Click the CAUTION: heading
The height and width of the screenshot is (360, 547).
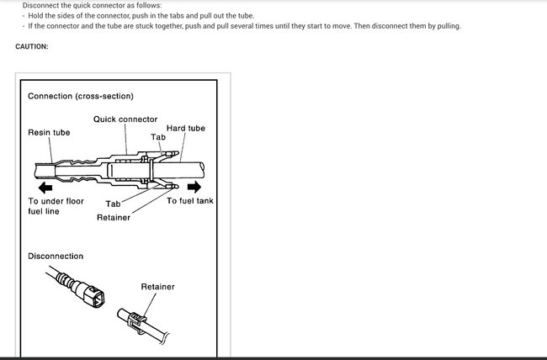(x=32, y=46)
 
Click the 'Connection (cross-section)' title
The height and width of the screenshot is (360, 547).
(x=80, y=96)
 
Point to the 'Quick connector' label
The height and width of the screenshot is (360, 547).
(x=125, y=119)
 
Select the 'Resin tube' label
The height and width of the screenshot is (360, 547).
(x=49, y=132)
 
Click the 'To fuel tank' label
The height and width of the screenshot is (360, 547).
(x=189, y=201)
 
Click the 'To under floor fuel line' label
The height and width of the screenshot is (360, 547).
(x=56, y=206)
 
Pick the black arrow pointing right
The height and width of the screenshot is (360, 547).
(x=194, y=185)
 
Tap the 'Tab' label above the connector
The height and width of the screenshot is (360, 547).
(x=158, y=136)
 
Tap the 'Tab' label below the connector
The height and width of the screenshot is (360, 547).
(x=113, y=204)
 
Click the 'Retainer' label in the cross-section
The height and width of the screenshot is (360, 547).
(x=114, y=218)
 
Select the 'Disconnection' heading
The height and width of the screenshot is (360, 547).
(x=56, y=256)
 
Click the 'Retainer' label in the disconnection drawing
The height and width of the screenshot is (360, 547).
(x=157, y=287)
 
